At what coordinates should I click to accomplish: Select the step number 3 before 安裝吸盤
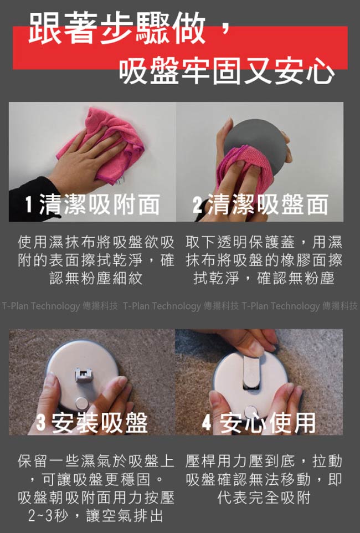click(x=40, y=423)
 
